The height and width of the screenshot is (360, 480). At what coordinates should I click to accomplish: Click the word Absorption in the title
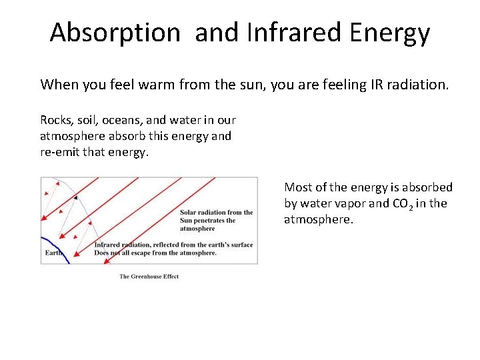click(115, 32)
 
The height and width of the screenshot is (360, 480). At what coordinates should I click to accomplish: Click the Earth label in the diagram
click(53, 253)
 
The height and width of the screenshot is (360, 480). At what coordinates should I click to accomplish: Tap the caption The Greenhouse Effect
click(149, 277)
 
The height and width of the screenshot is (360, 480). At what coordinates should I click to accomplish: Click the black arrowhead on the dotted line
click(75, 197)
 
